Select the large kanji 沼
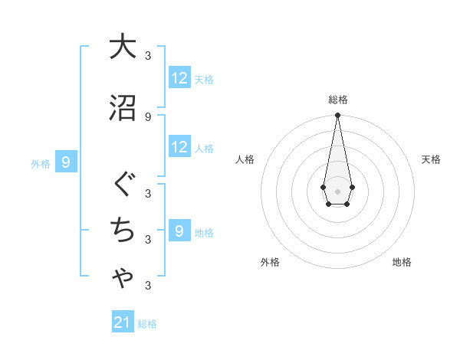pyautogui.click(x=123, y=108)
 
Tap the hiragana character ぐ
pyautogui.click(x=123, y=185)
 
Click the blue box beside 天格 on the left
pyautogui.click(x=179, y=78)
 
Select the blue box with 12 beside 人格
pyautogui.click(x=179, y=148)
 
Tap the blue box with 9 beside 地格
pyautogui.click(x=179, y=231)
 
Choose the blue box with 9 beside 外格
pyautogui.click(x=67, y=162)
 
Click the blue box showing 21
pyautogui.click(x=123, y=322)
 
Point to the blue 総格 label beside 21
pyautogui.click(x=147, y=324)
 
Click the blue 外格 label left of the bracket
pyautogui.click(x=41, y=163)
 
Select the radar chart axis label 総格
pyautogui.click(x=338, y=100)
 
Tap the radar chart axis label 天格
pyautogui.click(x=432, y=159)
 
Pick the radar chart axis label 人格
pyautogui.click(x=245, y=159)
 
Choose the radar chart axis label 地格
pyautogui.click(x=402, y=262)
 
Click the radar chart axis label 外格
pyautogui.click(x=270, y=262)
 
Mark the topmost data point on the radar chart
pyautogui.click(x=337, y=116)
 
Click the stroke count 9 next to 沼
pyautogui.click(x=147, y=117)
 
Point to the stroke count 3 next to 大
pyautogui.click(x=147, y=55)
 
